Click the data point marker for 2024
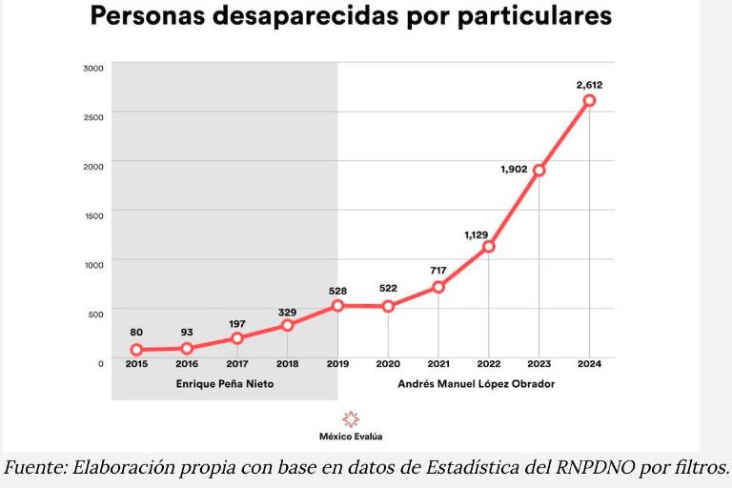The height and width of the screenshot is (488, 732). point(589,101)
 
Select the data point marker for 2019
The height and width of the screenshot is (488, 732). point(337,306)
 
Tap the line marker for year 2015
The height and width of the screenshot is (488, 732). point(136,351)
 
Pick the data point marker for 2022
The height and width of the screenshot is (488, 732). point(489,247)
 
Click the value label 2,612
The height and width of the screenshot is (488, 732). point(589,85)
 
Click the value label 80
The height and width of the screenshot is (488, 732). point(136,333)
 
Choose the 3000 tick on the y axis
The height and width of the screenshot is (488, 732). point(93,68)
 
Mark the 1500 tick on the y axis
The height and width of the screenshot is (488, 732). point(93,215)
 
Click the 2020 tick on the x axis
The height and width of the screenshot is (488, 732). point(388,364)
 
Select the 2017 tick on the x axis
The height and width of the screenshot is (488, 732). point(236,364)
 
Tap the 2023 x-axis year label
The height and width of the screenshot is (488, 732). point(539,364)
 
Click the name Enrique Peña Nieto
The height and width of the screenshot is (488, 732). point(224,383)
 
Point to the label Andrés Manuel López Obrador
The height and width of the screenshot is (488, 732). point(476,383)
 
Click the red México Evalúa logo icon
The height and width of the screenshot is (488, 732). point(351,418)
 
